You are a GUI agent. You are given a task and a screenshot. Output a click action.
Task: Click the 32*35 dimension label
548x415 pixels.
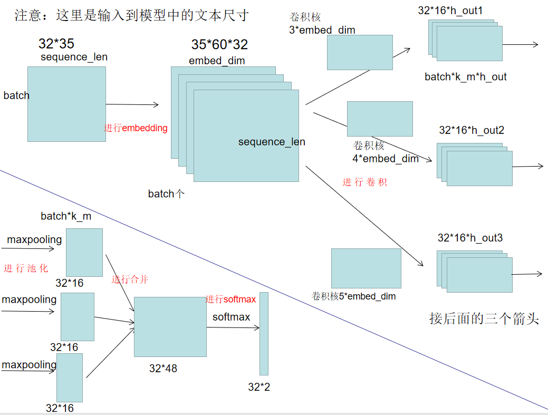click(56, 44)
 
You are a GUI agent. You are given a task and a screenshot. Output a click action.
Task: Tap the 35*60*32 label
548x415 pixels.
click(219, 44)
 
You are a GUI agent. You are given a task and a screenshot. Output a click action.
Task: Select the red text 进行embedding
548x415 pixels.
click(136, 128)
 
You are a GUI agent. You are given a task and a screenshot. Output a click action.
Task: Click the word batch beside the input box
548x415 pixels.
click(16, 95)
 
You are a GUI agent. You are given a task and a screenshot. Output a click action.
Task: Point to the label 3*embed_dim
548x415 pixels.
click(322, 30)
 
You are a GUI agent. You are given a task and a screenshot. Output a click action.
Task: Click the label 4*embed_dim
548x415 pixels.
click(386, 159)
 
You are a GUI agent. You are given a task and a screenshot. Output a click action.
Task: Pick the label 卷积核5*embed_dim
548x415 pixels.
click(354, 296)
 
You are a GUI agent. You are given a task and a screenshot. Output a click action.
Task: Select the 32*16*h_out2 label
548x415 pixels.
click(468, 130)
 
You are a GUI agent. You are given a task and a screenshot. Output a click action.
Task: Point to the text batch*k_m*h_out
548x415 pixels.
click(466, 77)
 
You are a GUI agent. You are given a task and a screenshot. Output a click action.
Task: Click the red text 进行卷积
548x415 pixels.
click(365, 182)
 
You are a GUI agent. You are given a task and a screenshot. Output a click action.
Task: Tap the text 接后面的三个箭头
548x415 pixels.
click(484, 319)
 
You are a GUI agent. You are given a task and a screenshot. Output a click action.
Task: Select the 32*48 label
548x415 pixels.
click(163, 369)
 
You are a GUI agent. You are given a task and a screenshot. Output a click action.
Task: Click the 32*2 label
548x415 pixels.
click(259, 387)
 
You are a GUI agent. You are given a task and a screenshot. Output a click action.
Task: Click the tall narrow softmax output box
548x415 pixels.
click(264, 333)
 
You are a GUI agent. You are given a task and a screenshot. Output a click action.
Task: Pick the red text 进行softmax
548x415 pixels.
click(230, 300)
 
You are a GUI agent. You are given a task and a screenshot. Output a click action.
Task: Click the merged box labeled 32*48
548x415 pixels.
click(170, 327)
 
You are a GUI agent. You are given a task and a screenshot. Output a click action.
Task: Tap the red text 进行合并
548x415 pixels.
click(130, 279)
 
